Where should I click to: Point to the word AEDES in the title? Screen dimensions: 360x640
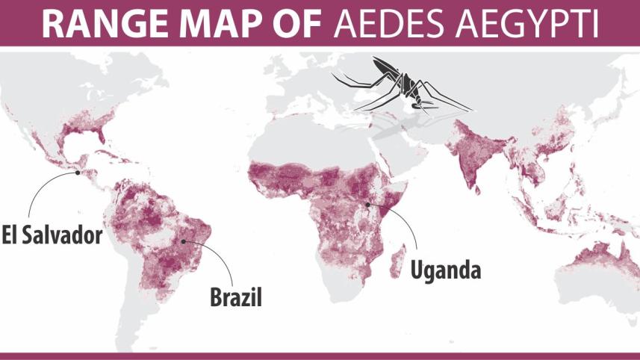tap(393, 23)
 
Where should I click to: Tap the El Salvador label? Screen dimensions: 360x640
tap(51, 235)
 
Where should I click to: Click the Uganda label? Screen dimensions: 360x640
tap(445, 268)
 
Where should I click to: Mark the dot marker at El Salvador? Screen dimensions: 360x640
tap(77, 173)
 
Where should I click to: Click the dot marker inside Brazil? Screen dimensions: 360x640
tap(184, 242)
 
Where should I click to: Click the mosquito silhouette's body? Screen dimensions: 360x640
tap(407, 86)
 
